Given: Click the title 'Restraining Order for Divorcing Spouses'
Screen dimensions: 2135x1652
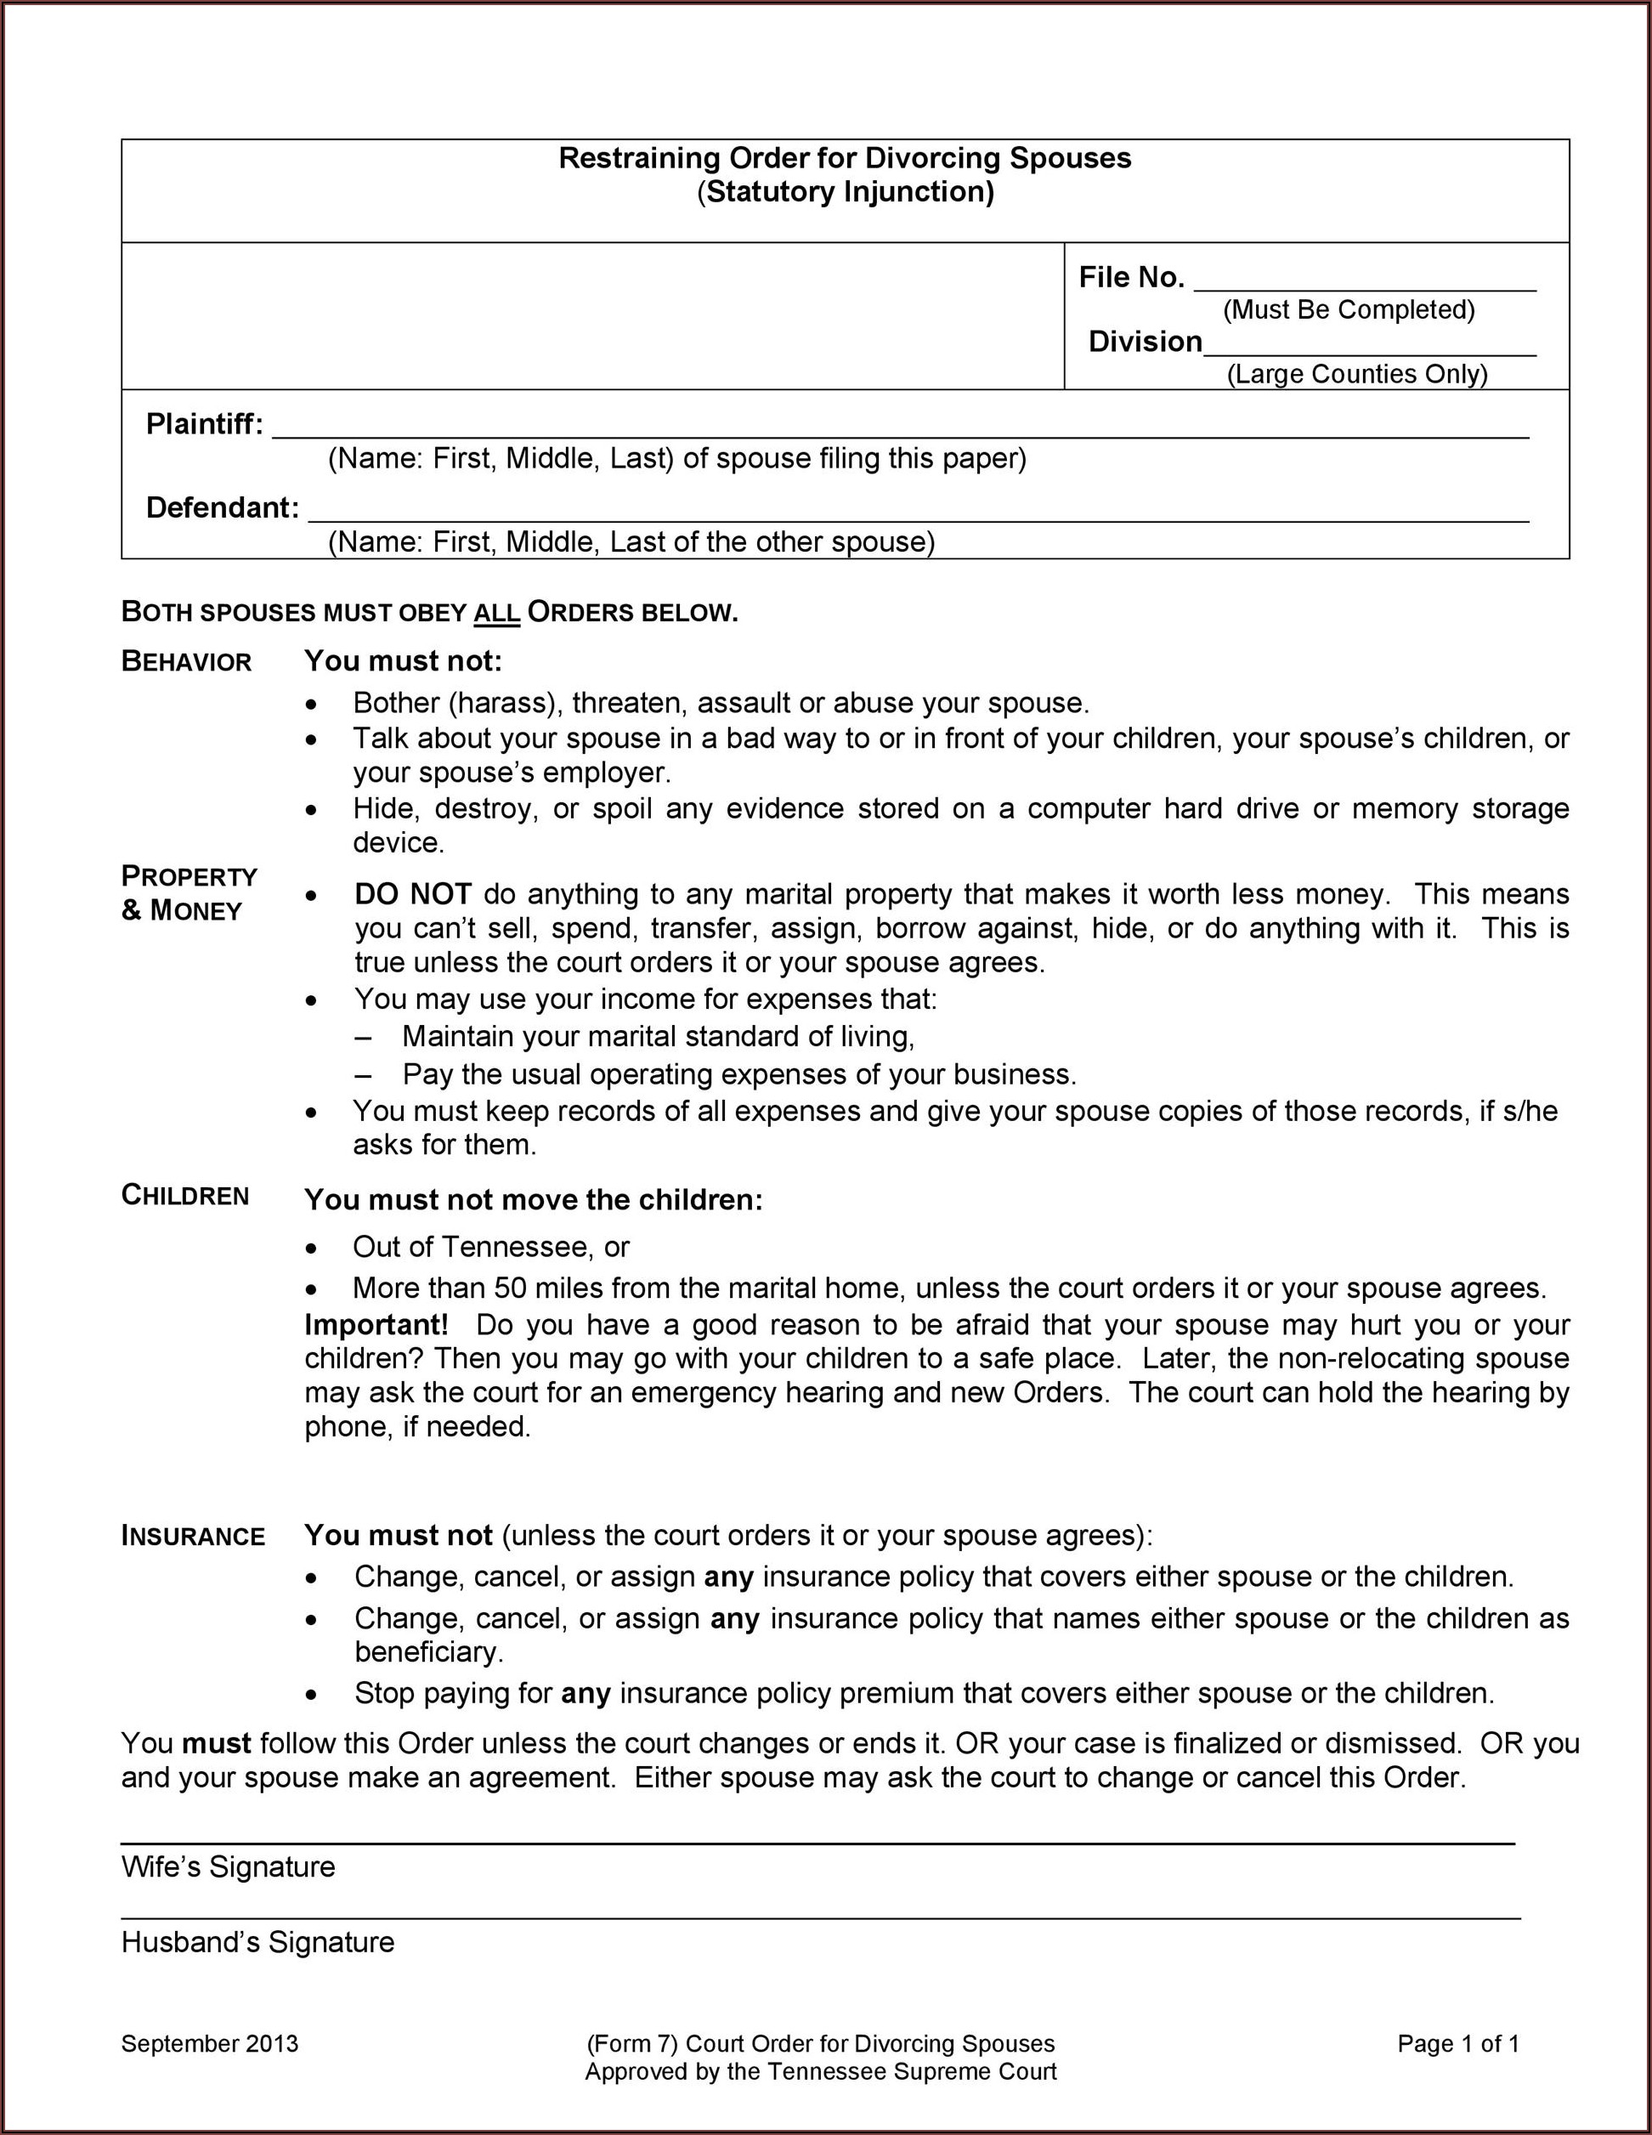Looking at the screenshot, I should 845,158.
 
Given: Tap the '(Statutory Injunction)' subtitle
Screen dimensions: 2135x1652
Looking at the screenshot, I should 845,191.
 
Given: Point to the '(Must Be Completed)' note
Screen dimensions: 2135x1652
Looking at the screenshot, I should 1348,310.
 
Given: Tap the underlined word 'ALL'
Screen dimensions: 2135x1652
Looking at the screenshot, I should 496,613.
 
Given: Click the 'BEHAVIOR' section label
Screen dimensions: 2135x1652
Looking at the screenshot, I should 187,662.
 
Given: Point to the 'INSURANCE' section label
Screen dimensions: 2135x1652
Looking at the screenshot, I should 194,1536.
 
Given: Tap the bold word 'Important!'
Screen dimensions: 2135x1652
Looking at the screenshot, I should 376,1324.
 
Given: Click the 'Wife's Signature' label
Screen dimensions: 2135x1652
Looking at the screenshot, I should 228,1866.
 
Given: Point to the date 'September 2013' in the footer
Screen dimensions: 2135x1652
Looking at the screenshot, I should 209,2043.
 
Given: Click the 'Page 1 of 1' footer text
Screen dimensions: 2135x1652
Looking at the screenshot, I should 1457,2043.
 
